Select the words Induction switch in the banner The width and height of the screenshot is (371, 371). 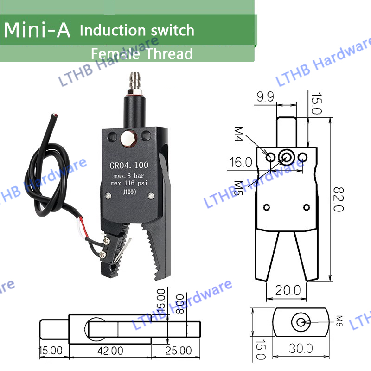(137, 31)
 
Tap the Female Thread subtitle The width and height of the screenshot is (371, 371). (141, 54)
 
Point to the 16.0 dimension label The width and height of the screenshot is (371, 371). (240, 162)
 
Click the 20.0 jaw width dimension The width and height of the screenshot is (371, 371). (286, 291)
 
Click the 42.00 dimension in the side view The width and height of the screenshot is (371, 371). (110, 351)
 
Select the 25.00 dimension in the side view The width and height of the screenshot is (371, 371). (179, 351)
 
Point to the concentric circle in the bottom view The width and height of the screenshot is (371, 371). (301, 322)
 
